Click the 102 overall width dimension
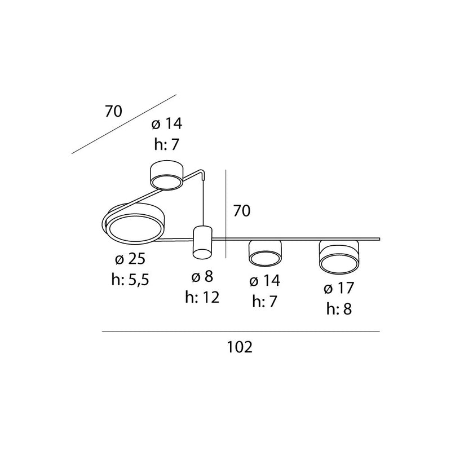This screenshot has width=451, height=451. click(x=240, y=347)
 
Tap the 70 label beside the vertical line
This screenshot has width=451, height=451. click(x=242, y=211)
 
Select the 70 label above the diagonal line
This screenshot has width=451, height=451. click(x=113, y=111)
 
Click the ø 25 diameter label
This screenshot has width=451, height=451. click(x=130, y=259)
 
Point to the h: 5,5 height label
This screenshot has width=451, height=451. click(x=130, y=279)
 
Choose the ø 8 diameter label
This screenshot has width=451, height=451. click(x=202, y=277)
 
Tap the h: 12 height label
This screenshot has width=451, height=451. click(x=202, y=297)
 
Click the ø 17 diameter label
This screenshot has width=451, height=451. click(x=339, y=288)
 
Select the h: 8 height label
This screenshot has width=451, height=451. click(x=339, y=309)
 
